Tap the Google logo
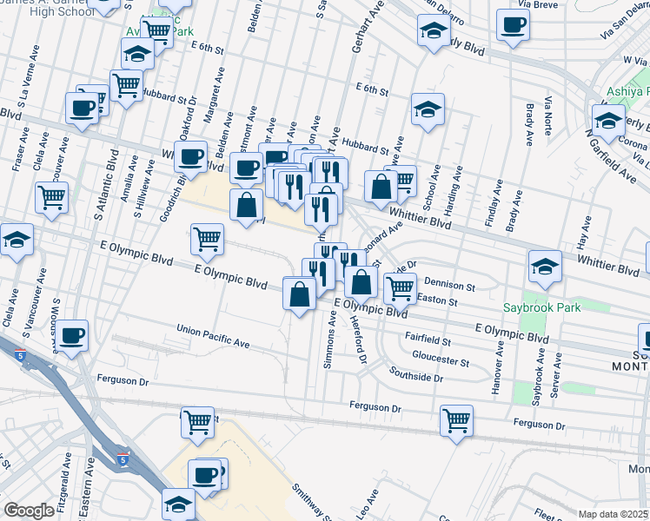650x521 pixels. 30,511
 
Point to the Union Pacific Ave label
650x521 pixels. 213,337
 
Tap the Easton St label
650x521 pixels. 437,300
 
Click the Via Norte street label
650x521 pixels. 548,121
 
